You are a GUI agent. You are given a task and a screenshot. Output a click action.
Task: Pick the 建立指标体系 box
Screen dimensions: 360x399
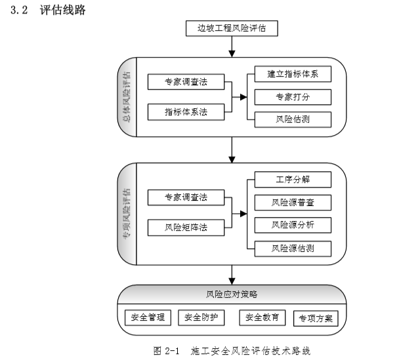click(292, 73)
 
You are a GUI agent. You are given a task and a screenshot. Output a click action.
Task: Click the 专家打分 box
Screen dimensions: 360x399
click(292, 96)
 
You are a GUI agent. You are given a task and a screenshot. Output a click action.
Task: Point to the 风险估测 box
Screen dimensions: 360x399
click(292, 119)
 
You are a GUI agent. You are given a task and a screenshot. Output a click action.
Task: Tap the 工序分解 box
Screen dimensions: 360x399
click(292, 179)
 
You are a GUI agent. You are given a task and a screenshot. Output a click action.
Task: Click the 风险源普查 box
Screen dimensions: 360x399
click(292, 202)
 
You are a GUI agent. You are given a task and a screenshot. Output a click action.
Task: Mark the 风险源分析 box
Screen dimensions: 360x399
click(292, 225)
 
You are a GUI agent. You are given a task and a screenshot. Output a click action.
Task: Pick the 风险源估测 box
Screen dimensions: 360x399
click(292, 249)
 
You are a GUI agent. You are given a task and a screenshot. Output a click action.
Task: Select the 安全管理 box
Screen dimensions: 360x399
click(147, 317)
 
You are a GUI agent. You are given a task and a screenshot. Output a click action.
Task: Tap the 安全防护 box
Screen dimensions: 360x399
click(200, 317)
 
